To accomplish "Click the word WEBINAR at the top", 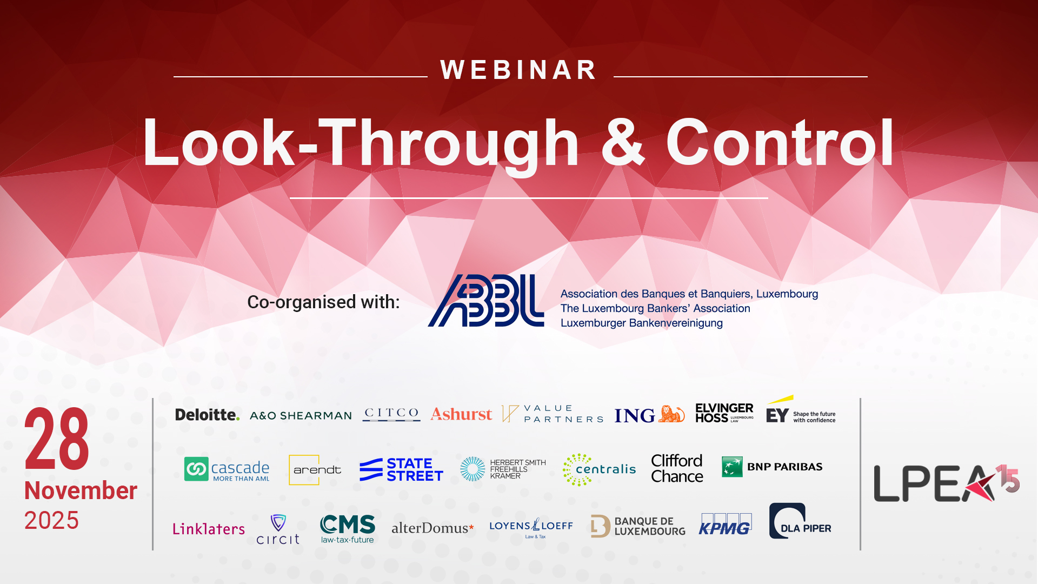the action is point(518,70).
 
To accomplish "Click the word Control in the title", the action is point(780,142).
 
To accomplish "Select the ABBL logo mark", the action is point(486,301).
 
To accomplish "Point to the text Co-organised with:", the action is point(323,302).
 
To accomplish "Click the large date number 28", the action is point(57,439).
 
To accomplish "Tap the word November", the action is point(81,490).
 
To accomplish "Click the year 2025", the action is point(51,520).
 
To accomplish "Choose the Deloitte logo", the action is point(207,415).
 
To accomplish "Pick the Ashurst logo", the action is point(461,414).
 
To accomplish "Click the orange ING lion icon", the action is point(671,414).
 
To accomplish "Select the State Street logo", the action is point(401,469).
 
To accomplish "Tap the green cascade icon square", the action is point(196,469).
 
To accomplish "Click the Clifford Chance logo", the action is point(677,468).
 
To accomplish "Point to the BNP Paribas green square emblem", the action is point(732,467).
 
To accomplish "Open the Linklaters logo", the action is point(209,528).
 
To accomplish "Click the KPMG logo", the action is point(725,524).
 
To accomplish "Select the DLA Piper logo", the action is point(800,521).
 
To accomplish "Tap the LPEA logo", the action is point(947,483).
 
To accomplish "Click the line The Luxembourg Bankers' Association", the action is point(655,308).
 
